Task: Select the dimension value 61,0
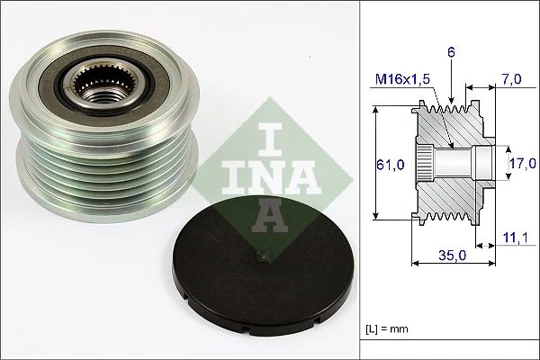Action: click(x=388, y=164)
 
